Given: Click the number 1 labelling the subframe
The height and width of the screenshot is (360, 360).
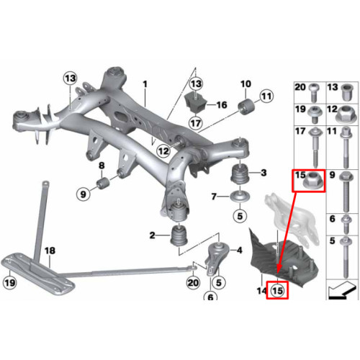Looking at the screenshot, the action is click(145, 84).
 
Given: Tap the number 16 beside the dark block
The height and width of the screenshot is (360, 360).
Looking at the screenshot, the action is click(222, 105).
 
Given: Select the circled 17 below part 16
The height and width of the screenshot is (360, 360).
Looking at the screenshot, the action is click(196, 123).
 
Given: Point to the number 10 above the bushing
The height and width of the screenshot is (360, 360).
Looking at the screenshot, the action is click(246, 84).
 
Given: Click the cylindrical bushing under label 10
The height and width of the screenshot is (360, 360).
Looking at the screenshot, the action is click(246, 108).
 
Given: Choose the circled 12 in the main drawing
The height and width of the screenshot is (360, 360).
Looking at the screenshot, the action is click(163, 151).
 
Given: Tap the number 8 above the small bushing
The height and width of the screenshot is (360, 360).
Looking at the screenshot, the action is click(102, 166).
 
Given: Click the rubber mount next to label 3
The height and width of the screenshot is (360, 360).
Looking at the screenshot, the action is click(240, 174).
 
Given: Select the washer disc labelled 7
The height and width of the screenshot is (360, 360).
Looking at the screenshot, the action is click(240, 197).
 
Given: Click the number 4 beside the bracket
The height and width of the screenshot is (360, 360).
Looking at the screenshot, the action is click(240, 251).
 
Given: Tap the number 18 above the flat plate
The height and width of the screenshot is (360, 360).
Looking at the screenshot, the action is click(50, 251).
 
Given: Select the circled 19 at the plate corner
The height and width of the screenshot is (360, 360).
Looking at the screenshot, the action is click(10, 282).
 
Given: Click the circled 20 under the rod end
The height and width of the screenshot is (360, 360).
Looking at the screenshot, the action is click(193, 283).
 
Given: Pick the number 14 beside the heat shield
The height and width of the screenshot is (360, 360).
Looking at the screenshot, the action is click(261, 291).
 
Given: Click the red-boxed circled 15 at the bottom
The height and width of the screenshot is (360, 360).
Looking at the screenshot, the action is click(277, 291).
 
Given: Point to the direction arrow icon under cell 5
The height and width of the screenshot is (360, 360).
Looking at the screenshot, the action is click(341, 290).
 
